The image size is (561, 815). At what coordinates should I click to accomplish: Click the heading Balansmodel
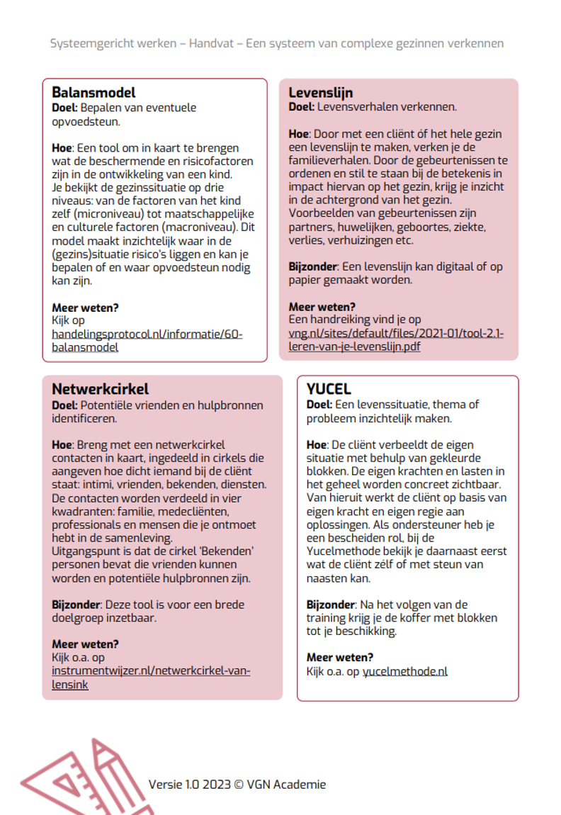(93, 92)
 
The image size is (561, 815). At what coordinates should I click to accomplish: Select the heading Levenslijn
(320, 92)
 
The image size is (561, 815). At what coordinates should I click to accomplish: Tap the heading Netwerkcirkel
(100, 389)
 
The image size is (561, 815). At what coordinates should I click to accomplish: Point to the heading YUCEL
(329, 388)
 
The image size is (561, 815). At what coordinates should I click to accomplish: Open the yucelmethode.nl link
(404, 671)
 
